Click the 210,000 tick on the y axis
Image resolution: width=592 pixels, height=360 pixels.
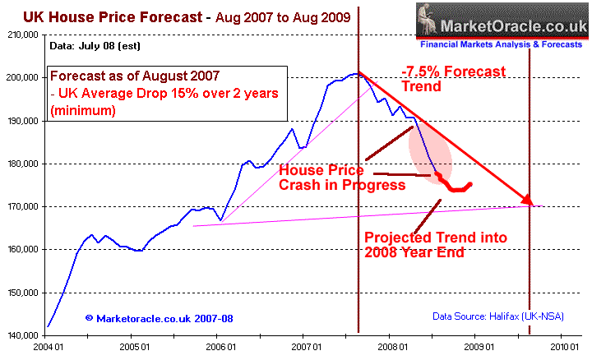pos(21,35)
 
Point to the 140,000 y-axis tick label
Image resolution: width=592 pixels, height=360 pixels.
pos(21,335)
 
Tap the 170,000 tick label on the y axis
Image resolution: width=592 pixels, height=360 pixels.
pos(21,206)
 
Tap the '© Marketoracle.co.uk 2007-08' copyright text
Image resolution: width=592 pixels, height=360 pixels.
pos(151,317)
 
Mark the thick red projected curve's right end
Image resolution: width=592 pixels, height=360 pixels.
pos(470,183)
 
